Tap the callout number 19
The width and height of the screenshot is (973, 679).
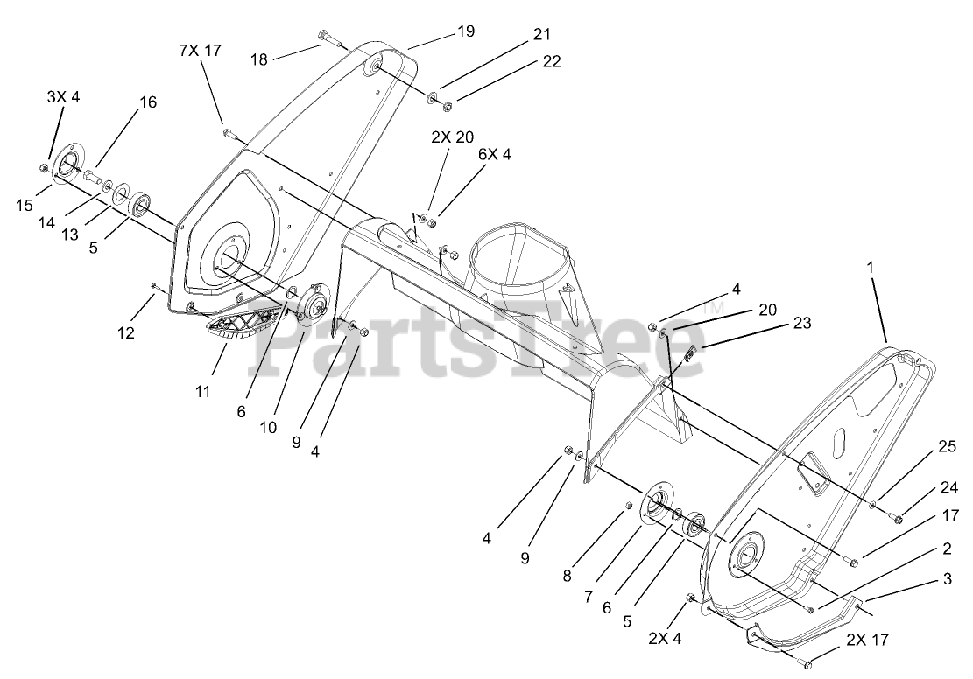[465, 31]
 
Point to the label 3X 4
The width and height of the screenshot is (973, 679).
[63, 97]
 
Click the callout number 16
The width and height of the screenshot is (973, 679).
[147, 102]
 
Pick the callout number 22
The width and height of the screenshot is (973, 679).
[551, 61]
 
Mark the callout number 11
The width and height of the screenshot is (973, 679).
[202, 392]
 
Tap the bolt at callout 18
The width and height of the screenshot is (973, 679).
[327, 37]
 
